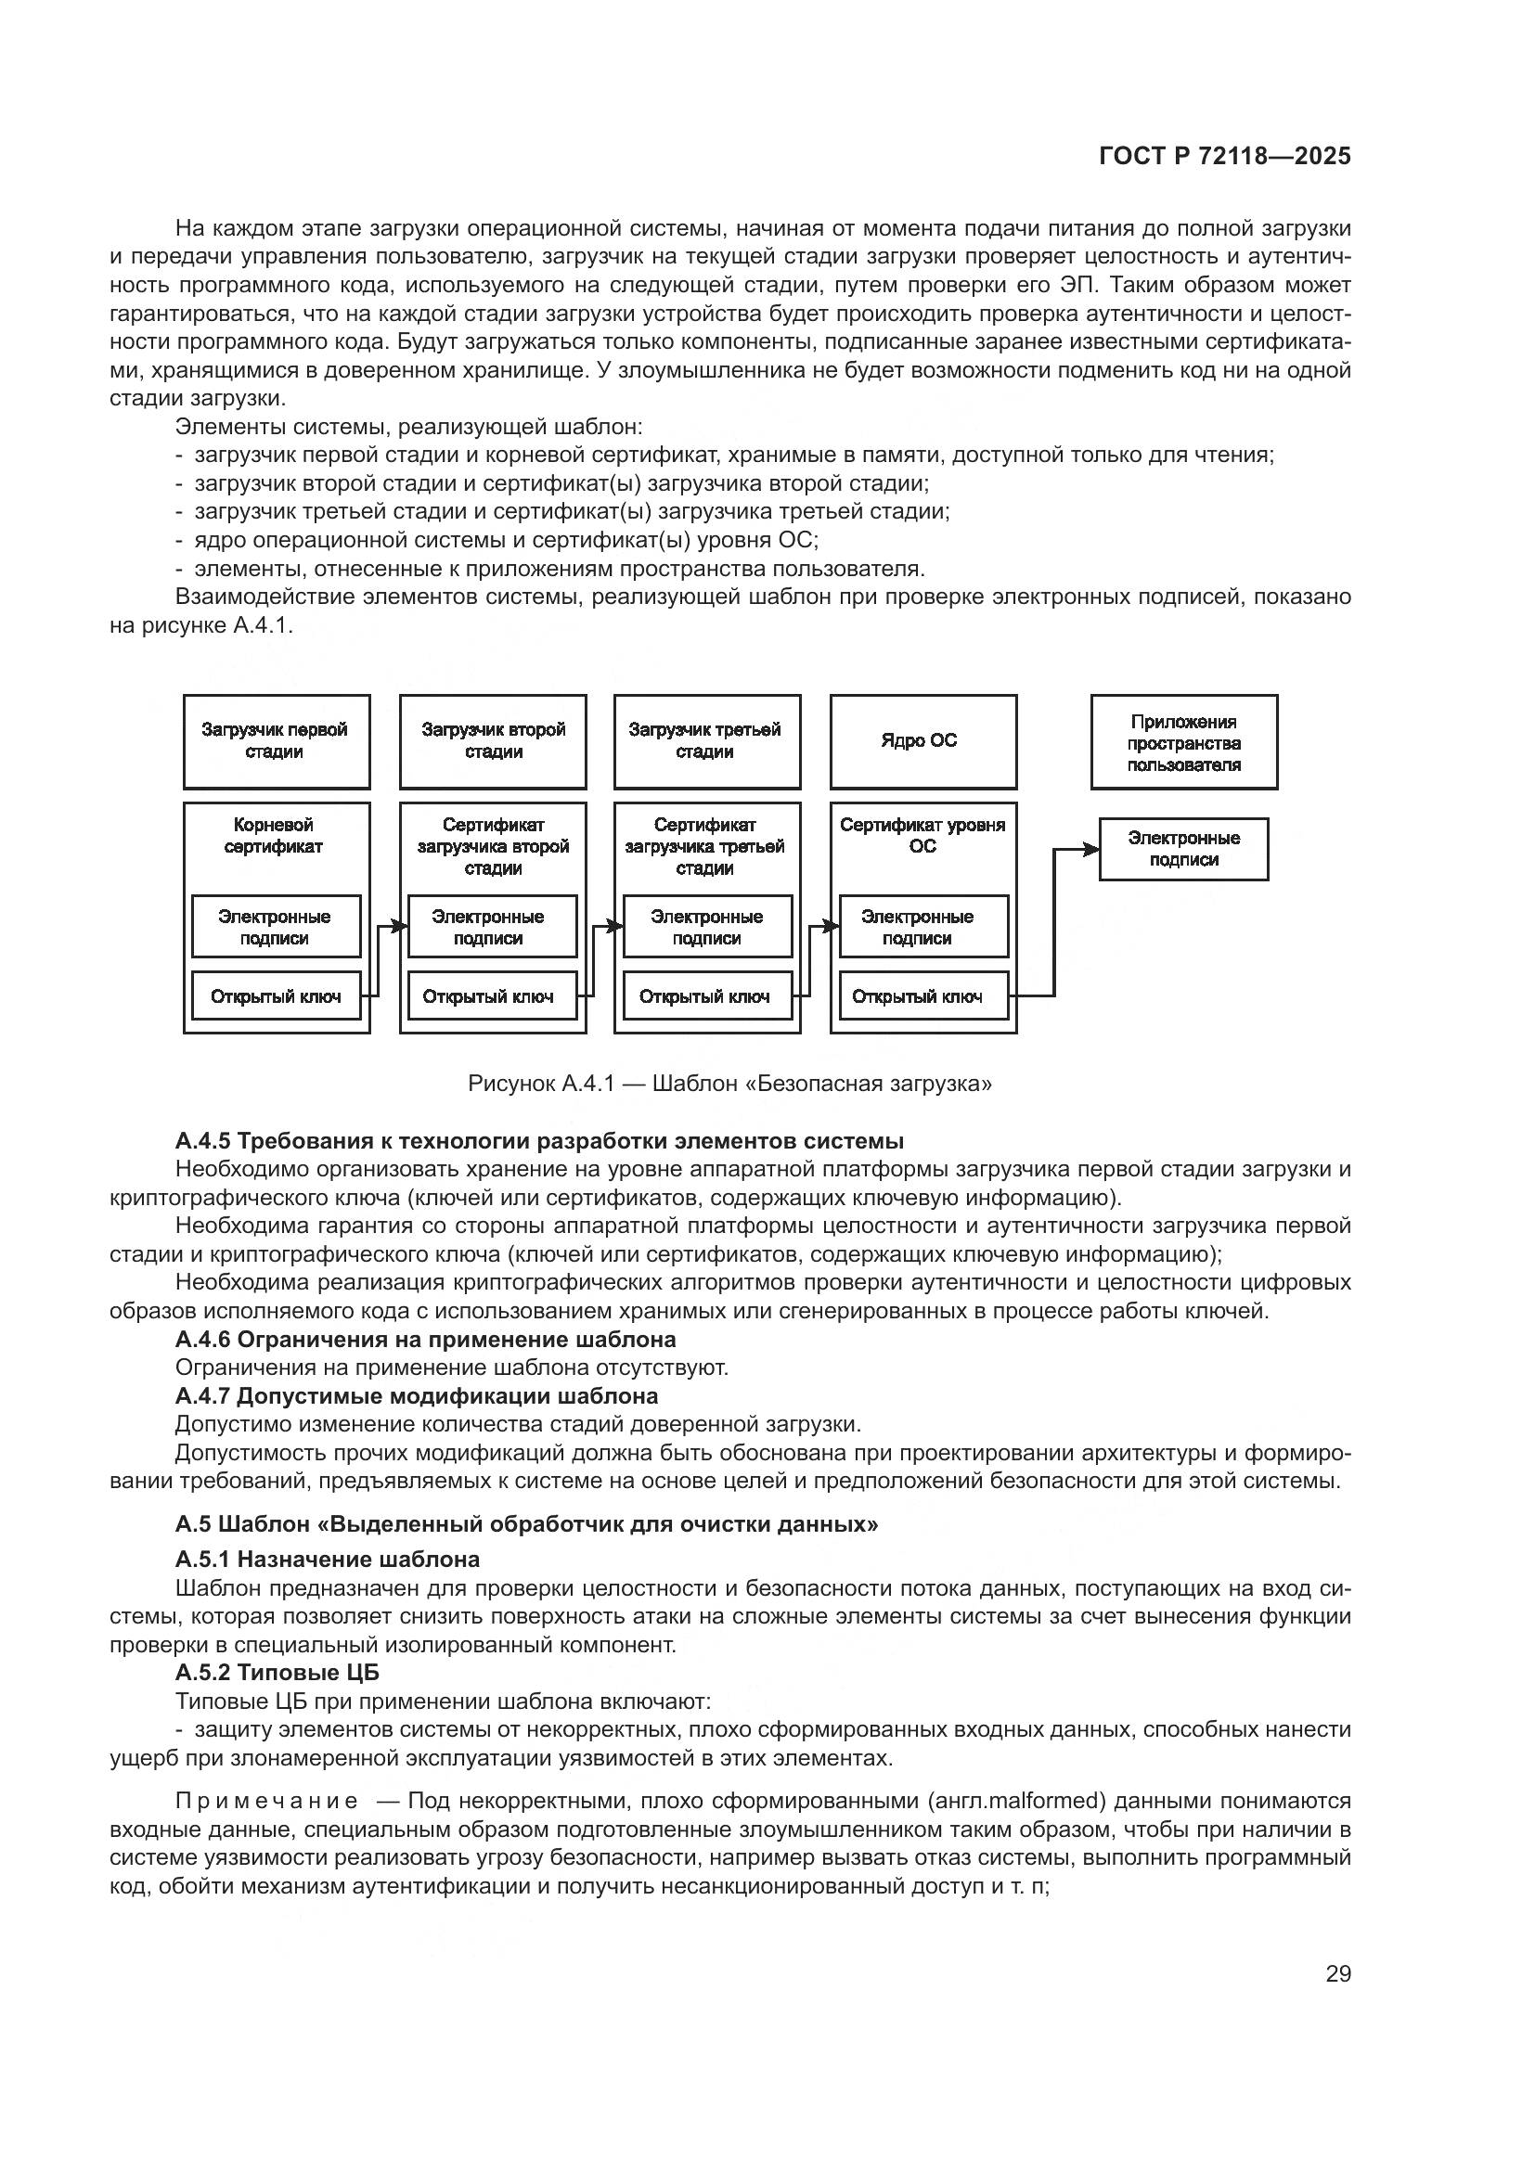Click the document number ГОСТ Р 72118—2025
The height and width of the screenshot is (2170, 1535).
click(x=1225, y=157)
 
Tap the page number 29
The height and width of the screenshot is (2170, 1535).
click(x=1337, y=1973)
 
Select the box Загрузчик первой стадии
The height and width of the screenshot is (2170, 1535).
click(x=276, y=741)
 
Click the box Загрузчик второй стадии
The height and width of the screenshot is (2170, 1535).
click(x=493, y=741)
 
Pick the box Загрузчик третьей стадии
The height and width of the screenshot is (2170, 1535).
click(x=706, y=741)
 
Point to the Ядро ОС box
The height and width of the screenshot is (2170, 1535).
click(x=922, y=741)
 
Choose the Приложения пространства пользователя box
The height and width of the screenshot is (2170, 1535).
click(x=1183, y=742)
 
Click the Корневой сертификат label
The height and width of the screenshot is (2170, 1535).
click(x=274, y=836)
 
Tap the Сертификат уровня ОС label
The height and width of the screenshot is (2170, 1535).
click(x=922, y=836)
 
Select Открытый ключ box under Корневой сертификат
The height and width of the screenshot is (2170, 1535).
click(x=276, y=996)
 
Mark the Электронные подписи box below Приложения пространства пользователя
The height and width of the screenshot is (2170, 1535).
click(x=1183, y=849)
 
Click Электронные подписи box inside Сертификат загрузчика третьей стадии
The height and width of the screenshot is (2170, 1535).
click(x=707, y=926)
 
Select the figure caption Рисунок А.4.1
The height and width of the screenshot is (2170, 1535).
click(x=729, y=1083)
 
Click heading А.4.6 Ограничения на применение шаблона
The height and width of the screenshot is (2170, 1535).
click(x=425, y=1340)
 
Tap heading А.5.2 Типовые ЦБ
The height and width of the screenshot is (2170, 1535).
click(x=277, y=1673)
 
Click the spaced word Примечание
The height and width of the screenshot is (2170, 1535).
click(x=266, y=1801)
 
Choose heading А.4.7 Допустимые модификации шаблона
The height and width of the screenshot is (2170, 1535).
click(x=417, y=1396)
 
